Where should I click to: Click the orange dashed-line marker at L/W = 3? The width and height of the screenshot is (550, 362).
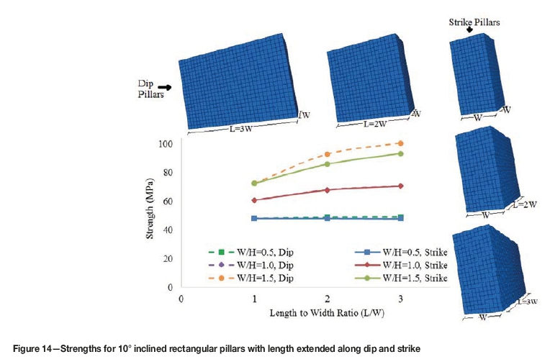click(x=400, y=143)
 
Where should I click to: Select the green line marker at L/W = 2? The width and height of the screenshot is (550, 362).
click(x=328, y=164)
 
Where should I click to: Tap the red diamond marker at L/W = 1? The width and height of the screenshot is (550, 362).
click(x=253, y=200)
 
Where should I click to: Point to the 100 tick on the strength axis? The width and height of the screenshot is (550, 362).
click(x=166, y=144)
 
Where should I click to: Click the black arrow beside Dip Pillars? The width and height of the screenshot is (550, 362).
click(x=165, y=87)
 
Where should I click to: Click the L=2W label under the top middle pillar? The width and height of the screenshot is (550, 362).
click(x=377, y=124)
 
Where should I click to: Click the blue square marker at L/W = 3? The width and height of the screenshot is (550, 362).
click(x=400, y=218)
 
